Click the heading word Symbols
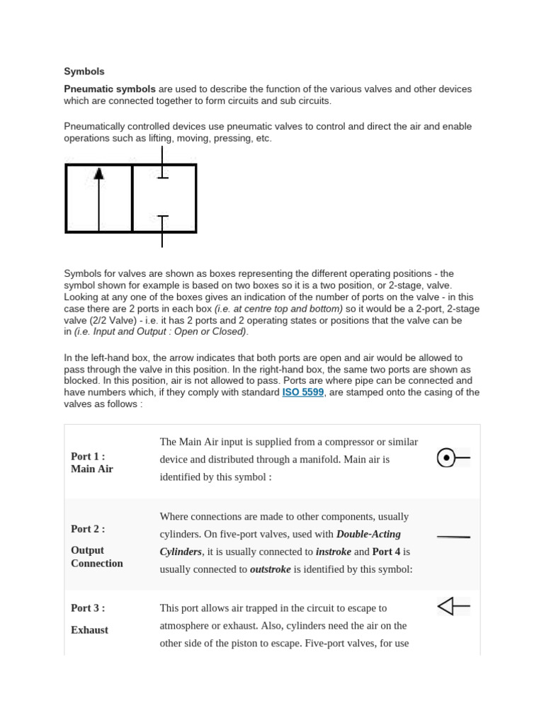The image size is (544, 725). [84, 72]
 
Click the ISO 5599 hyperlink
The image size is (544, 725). [302, 392]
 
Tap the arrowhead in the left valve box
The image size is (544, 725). [98, 173]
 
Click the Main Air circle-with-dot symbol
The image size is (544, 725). [446, 458]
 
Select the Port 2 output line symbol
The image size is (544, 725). [453, 537]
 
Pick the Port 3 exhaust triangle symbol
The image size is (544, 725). [446, 606]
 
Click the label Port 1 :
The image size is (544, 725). [88, 456]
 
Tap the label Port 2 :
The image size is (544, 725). [88, 529]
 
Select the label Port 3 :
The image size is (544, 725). [88, 608]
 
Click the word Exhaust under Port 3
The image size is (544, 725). [89, 629]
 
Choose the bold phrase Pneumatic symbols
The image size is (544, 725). [110, 89]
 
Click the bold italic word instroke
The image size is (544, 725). [333, 552]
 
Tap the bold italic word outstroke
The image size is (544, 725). [270, 569]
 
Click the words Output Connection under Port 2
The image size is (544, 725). [96, 556]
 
